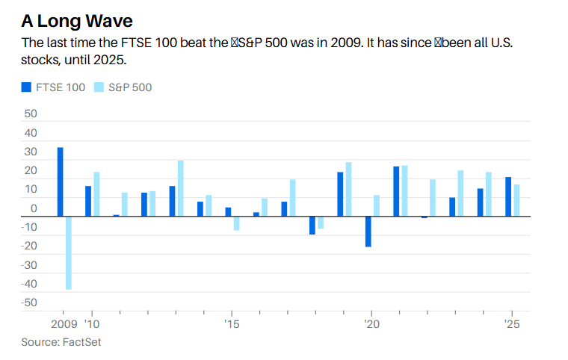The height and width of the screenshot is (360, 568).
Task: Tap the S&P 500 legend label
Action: pyautogui.click(x=130, y=87)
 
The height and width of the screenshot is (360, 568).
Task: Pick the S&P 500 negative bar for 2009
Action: pyautogui.click(x=69, y=252)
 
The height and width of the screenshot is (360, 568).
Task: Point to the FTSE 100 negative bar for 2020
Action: pyautogui.click(x=368, y=232)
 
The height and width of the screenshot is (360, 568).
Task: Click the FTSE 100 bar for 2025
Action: pyautogui.click(x=508, y=196)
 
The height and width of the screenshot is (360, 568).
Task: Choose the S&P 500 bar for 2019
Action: pyautogui.click(x=348, y=189)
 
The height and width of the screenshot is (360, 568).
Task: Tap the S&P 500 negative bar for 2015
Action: pyautogui.click(x=236, y=223)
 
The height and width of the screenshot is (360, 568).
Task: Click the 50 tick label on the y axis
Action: pyautogui.click(x=31, y=114)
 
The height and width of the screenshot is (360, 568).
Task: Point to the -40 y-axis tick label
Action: pyautogui.click(x=28, y=284)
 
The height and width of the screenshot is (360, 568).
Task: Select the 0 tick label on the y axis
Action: pyautogui.click(x=34, y=208)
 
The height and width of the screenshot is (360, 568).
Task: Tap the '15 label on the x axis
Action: pyautogui.click(x=232, y=325)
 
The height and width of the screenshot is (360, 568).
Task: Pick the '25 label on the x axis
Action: pyautogui.click(x=512, y=325)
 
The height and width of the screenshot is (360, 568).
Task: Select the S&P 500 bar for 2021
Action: pyautogui.click(x=404, y=191)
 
